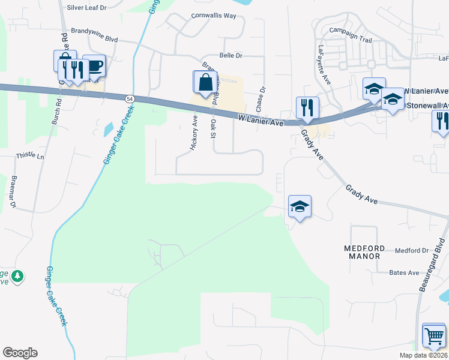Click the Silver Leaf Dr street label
(x=86, y=7)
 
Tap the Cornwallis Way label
(x=214, y=16)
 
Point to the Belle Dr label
(x=231, y=55)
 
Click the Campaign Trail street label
(x=351, y=37)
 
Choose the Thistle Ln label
(x=30, y=156)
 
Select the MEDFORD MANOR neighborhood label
(x=362, y=252)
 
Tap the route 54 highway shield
(x=130, y=98)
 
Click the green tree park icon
(x=17, y=276)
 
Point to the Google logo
(x=20, y=353)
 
